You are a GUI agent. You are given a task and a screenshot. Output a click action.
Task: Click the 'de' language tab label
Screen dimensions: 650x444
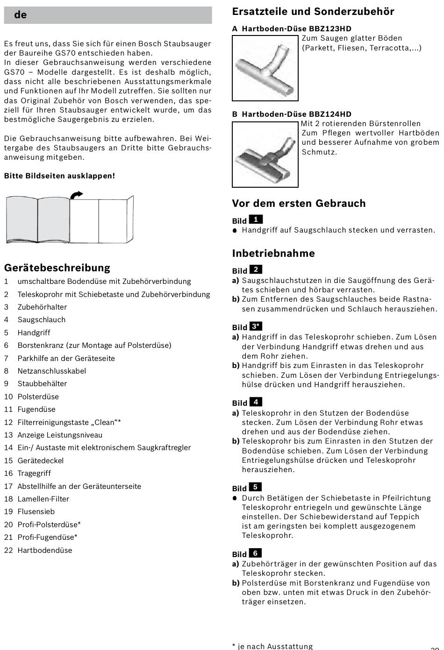coord(20,15)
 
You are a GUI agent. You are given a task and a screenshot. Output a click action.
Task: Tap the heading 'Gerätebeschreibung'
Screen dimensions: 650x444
coord(57,268)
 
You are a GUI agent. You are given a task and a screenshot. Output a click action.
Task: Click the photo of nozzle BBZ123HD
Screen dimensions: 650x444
coord(265,68)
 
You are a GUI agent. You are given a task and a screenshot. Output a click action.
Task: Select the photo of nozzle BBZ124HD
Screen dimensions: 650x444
coord(265,154)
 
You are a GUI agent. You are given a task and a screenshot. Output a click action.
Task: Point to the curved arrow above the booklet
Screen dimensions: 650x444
coord(76,194)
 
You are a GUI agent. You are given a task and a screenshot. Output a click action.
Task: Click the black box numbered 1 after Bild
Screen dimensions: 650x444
coord(256,219)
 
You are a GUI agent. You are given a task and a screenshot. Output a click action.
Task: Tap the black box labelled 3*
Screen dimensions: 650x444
coord(256,326)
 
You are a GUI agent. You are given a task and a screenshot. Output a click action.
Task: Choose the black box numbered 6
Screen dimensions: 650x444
coord(255,553)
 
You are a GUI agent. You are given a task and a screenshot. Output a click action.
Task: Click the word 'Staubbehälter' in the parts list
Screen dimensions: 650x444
coord(42,384)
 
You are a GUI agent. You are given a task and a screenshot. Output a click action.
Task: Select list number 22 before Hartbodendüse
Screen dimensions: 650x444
coord(8,551)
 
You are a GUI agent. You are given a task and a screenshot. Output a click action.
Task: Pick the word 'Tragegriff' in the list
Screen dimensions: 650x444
coord(34,473)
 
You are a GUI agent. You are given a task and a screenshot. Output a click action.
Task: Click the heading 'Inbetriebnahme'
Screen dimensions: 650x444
coord(273,254)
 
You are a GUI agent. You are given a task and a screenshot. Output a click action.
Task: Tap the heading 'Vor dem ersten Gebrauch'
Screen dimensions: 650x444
coord(299,204)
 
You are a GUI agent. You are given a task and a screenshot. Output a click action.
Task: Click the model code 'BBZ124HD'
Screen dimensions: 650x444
coord(330,114)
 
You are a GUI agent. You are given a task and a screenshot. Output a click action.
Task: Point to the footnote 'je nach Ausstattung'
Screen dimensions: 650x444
coord(275,646)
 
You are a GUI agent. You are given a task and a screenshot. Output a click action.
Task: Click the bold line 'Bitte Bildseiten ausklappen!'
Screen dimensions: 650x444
coord(59,176)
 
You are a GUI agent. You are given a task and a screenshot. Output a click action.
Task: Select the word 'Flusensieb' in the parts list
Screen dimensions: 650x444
coord(36,512)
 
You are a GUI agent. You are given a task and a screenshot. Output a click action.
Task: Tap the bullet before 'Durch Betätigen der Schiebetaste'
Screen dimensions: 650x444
coord(235,498)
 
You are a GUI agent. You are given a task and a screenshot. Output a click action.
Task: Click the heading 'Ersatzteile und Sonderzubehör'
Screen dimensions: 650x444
coord(313,12)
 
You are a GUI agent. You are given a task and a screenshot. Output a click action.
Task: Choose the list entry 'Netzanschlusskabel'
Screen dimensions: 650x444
coord(51,371)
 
